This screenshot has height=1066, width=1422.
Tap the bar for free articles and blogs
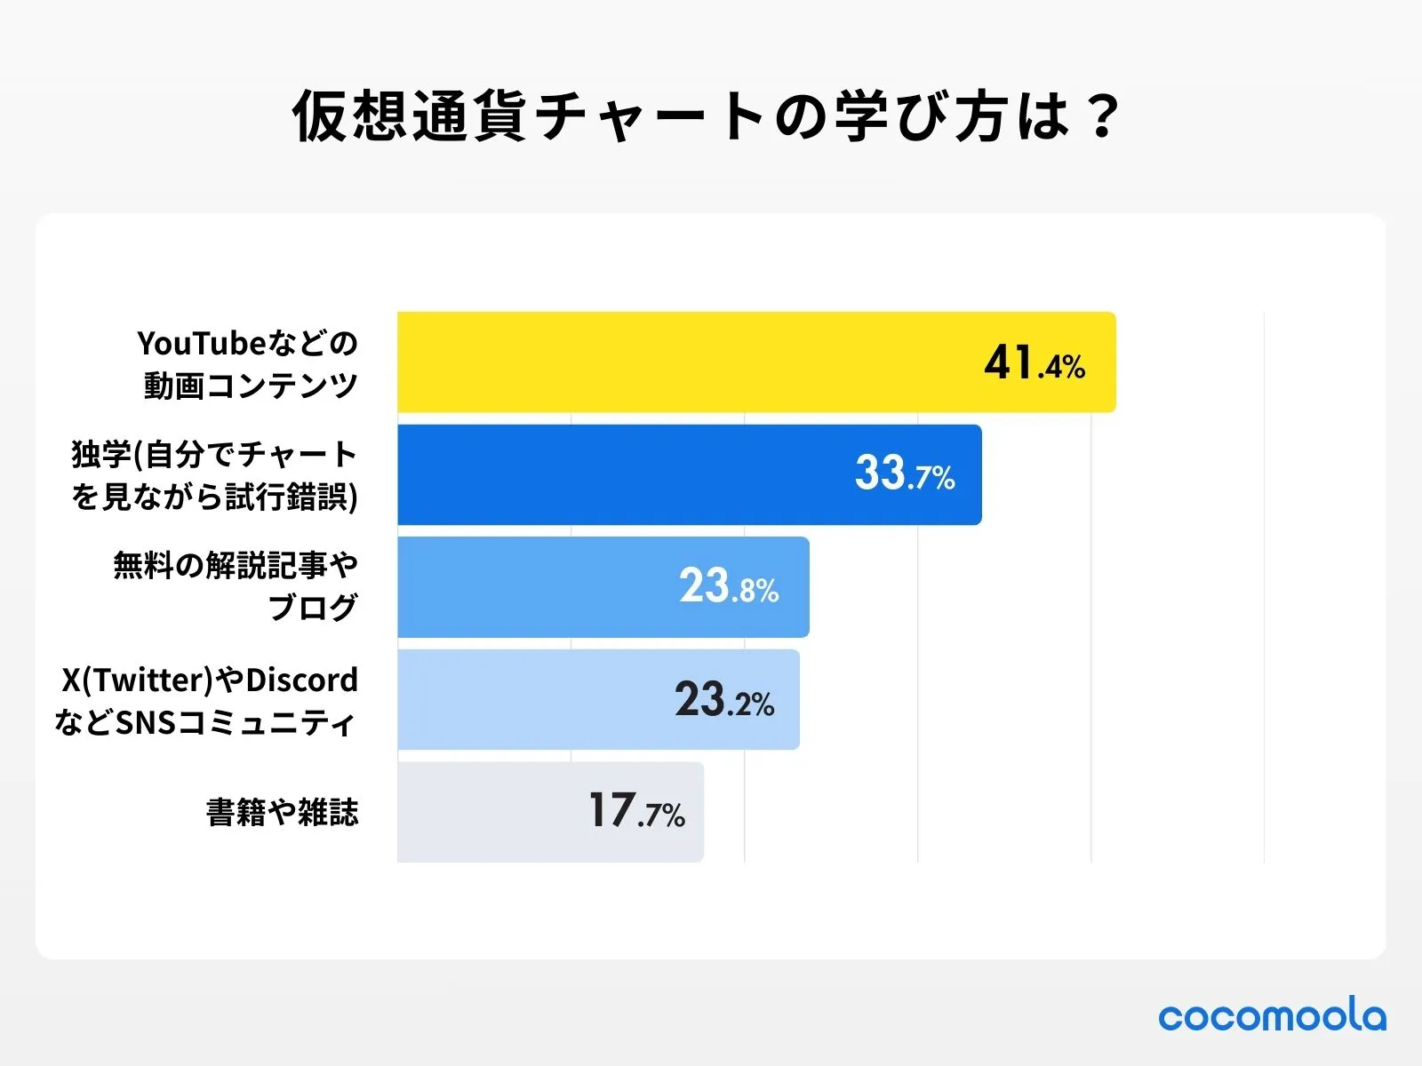533,587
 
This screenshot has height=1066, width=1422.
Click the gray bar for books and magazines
489,812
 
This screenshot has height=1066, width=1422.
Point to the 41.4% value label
1034,363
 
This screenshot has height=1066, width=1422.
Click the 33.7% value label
904,474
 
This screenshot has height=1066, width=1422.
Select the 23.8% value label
729,587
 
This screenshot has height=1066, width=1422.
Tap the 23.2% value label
723,700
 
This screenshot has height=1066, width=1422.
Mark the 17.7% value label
636,812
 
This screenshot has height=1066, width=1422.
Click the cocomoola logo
1271,1016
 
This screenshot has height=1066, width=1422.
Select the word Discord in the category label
301,680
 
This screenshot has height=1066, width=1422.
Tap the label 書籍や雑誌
282,812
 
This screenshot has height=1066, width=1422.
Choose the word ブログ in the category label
313,608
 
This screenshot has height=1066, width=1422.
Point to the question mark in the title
1104,116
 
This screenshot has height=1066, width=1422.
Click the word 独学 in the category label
100,455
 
